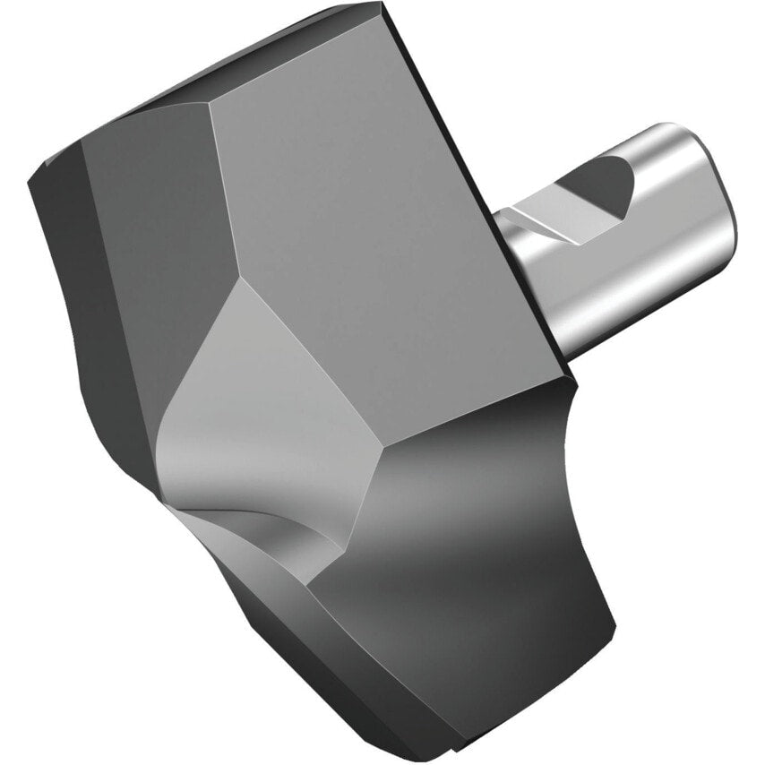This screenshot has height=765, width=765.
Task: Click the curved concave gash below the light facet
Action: pyautogui.click(x=260, y=529)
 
